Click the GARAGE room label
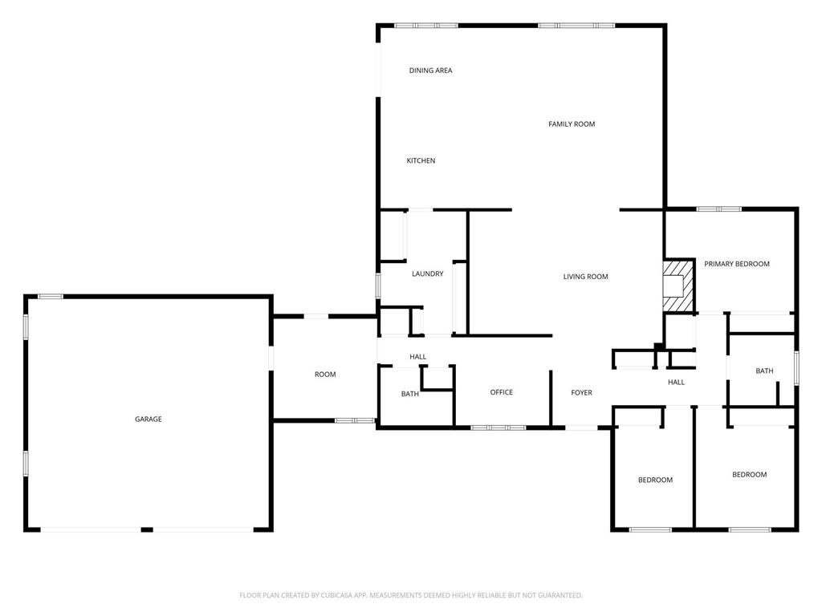pos(148,419)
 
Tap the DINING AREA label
pos(430,71)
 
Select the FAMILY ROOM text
pos(572,124)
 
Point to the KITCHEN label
pos(421,161)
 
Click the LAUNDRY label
pos(427,274)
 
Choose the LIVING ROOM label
pos(585,277)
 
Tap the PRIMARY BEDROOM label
pos(736,264)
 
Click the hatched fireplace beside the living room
pos(678,285)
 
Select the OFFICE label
pos(501,392)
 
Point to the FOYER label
pos(581,393)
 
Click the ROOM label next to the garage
pos(325,375)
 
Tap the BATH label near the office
pos(409,394)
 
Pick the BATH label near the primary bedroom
pos(764,371)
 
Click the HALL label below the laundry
pos(417,357)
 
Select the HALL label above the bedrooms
pos(676,383)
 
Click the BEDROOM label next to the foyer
pos(655,480)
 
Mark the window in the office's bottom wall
pos(498,428)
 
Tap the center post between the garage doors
pos(147,529)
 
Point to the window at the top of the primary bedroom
pos(718,209)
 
